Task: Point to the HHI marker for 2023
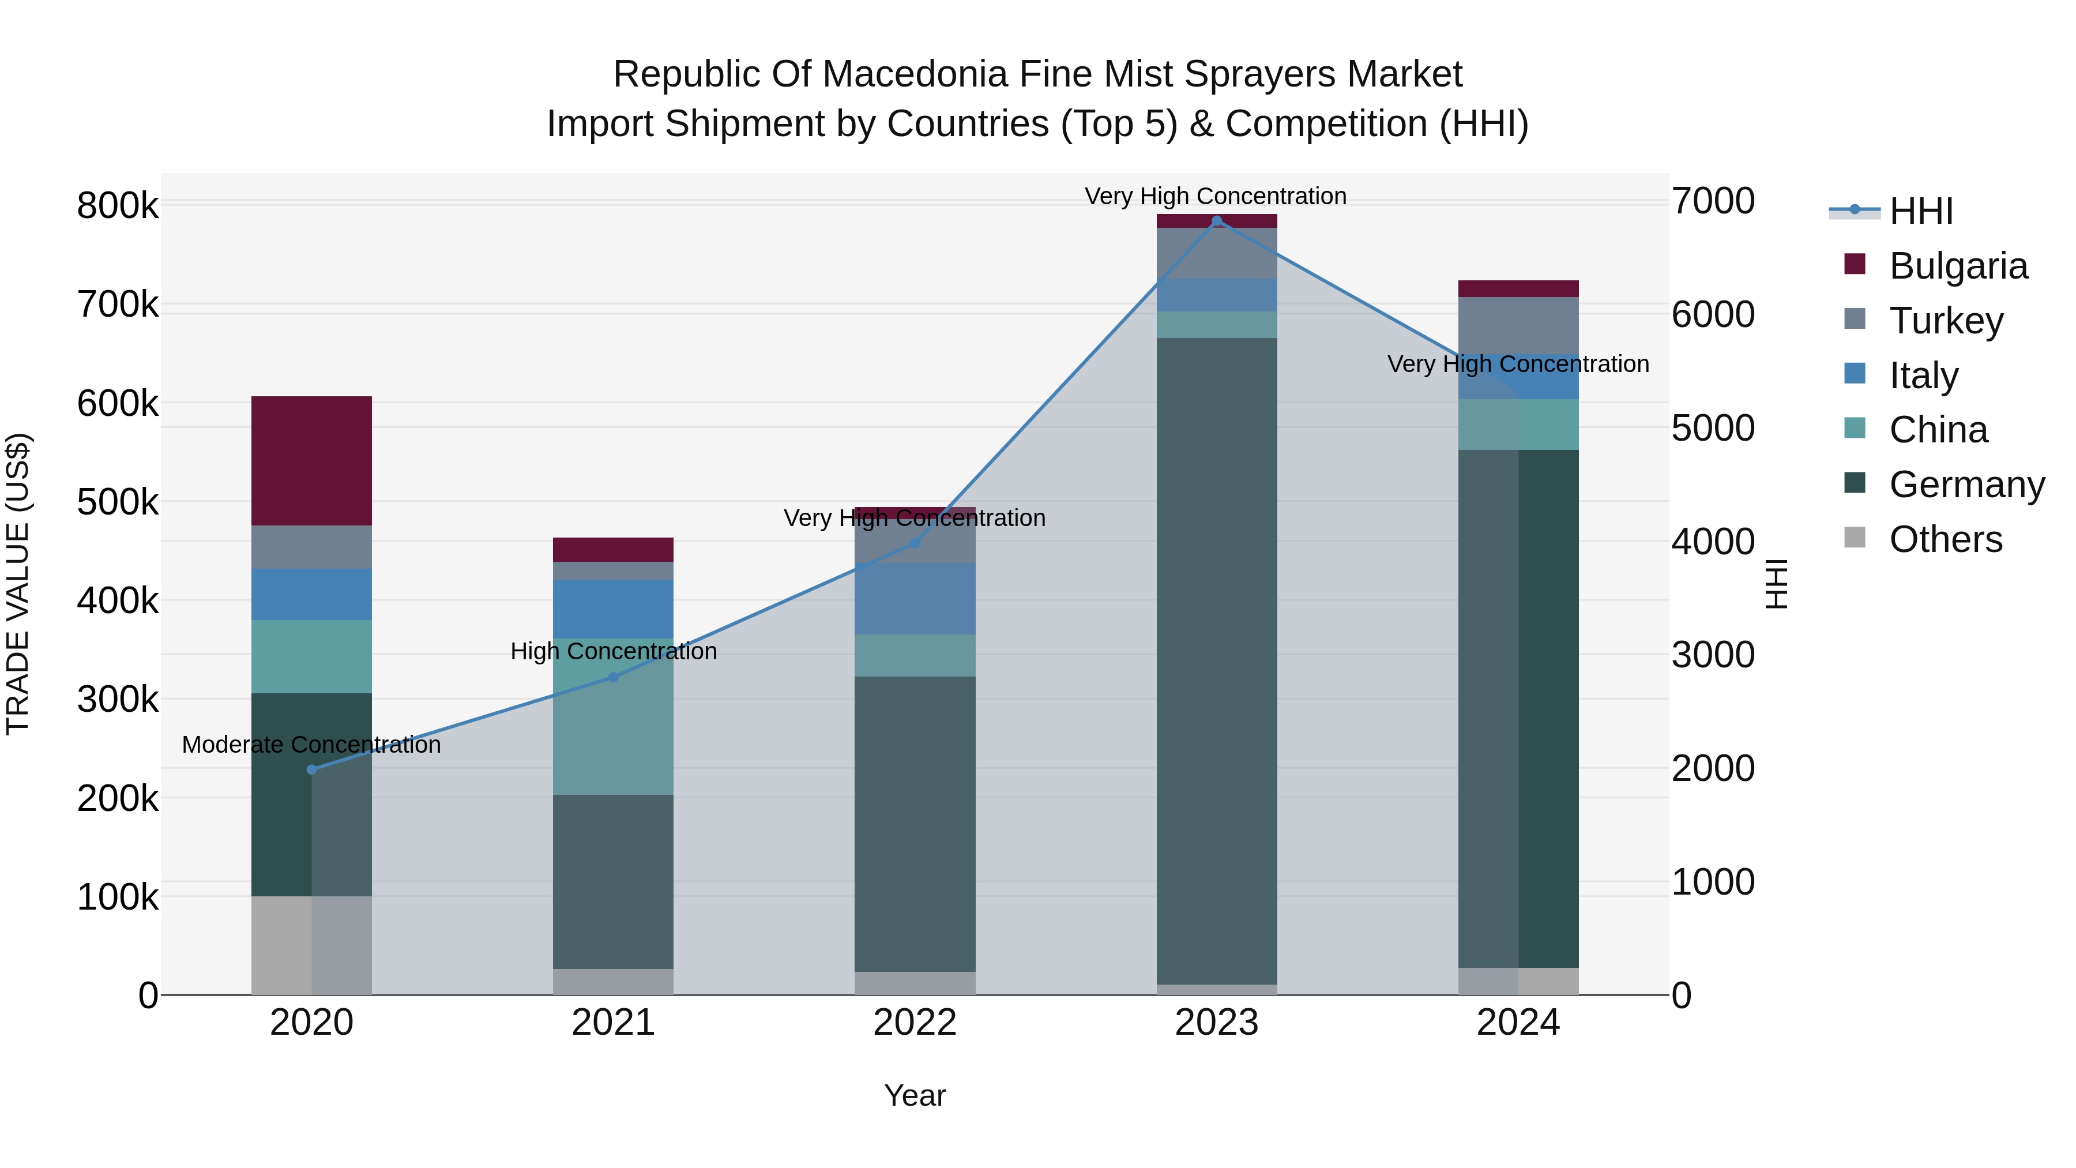tap(1217, 221)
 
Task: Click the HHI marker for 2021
tap(614, 677)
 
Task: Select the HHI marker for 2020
tap(312, 770)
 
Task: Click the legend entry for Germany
tap(1966, 485)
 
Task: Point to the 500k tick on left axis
tap(118, 502)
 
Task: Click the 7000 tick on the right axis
tap(1713, 201)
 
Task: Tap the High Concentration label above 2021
tap(614, 651)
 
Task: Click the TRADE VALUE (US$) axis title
tap(18, 584)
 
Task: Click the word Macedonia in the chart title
tap(916, 74)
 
